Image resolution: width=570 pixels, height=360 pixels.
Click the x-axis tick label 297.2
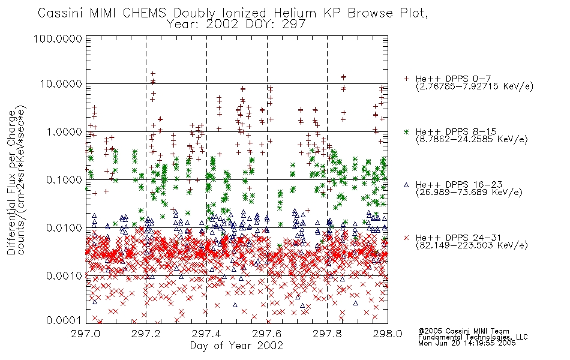(146, 334)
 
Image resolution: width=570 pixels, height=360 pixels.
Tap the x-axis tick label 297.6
(267, 334)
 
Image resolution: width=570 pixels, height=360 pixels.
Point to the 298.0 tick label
(388, 334)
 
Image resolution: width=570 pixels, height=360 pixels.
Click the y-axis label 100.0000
(58, 38)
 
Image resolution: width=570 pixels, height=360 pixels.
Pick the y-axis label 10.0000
(61, 84)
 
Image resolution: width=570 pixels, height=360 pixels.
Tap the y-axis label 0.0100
(64, 228)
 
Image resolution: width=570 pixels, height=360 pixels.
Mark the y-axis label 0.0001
(64, 320)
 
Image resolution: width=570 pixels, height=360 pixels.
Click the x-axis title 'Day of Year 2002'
(236, 346)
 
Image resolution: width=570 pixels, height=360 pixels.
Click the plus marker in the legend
(406, 79)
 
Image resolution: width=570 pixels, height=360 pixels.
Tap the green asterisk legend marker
(406, 131)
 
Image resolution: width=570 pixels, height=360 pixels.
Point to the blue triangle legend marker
(406, 185)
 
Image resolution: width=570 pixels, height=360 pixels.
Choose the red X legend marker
(406, 238)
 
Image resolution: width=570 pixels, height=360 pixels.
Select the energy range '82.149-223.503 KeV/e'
(472, 245)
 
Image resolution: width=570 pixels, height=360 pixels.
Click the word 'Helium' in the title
(295, 13)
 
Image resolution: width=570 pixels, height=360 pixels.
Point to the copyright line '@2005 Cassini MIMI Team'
(463, 331)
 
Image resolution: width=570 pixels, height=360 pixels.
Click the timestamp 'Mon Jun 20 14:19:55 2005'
(467, 343)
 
